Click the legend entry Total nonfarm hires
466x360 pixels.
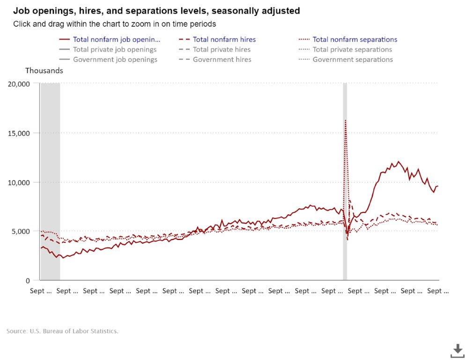(224, 39)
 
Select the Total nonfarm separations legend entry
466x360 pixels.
(355, 39)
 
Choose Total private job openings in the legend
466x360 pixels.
(115, 49)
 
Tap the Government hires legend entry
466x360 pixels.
(222, 60)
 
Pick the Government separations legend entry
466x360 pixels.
(352, 60)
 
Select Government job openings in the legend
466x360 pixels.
(115, 60)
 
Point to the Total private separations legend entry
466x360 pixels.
(352, 49)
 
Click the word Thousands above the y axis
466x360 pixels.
(44, 70)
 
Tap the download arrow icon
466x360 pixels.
(457, 350)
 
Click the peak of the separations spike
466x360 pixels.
(345, 120)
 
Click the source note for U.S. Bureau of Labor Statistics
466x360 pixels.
(62, 331)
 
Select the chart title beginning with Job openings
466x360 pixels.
(156, 10)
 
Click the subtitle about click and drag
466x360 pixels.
(114, 23)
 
